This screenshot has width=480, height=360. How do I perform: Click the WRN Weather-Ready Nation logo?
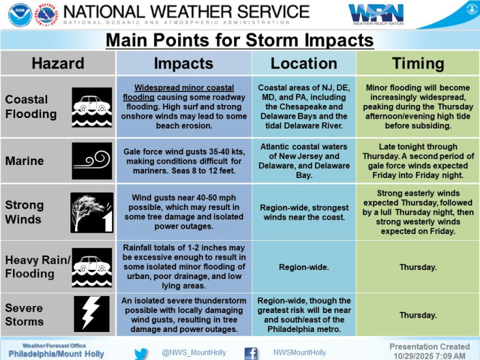click(x=376, y=14)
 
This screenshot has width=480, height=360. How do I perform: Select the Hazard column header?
click(x=58, y=63)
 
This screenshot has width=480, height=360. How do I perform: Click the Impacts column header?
click(x=183, y=63)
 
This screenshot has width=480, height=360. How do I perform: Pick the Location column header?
click(x=303, y=63)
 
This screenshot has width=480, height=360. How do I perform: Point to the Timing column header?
click(x=417, y=63)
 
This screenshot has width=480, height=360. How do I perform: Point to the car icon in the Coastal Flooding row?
click(x=92, y=107)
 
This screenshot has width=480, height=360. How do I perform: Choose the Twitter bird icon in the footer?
click(x=142, y=353)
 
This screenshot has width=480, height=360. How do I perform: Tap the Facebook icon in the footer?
click(x=250, y=353)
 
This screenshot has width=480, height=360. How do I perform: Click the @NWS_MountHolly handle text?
click(x=194, y=353)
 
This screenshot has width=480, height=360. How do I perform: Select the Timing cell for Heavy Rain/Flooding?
click(x=417, y=267)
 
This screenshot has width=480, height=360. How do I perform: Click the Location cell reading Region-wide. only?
click(x=303, y=267)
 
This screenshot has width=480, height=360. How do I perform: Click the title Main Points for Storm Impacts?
click(x=239, y=40)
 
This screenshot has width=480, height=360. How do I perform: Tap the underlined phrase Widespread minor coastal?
click(x=183, y=87)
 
